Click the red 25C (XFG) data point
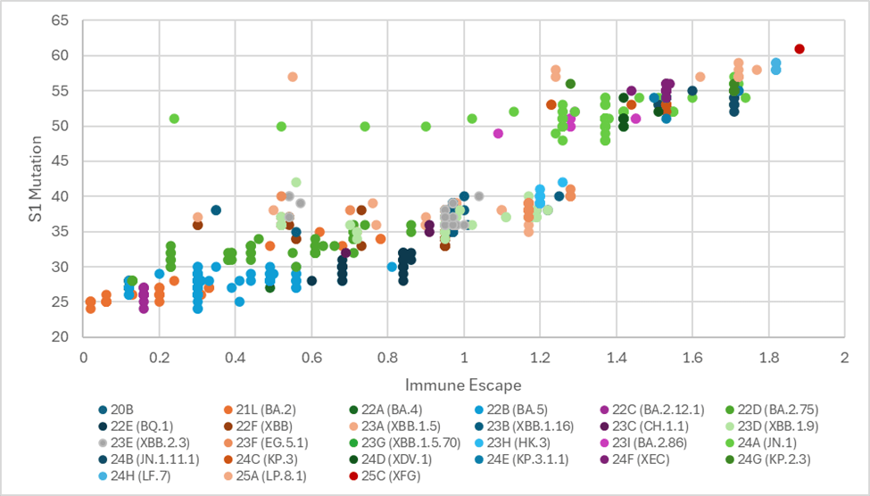(800, 49)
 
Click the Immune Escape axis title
(464, 384)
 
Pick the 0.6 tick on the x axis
(311, 358)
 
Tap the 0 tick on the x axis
(83, 358)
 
